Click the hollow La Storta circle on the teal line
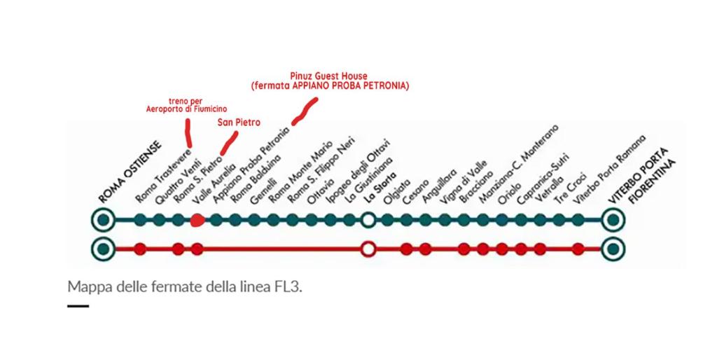click(368, 220)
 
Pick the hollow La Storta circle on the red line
click(368, 250)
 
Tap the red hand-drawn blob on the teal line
click(197, 221)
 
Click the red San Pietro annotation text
click(239, 122)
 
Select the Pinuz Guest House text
click(329, 76)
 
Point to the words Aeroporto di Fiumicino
click(186, 109)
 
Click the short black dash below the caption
click(78, 306)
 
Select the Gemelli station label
click(264, 191)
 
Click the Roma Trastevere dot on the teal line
click(140, 220)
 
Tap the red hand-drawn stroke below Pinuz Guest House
click(305, 111)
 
